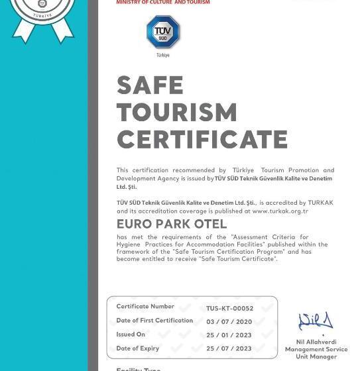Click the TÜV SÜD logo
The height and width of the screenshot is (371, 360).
pyautogui.click(x=163, y=32)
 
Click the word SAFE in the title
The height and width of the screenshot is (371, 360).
pyautogui.click(x=150, y=85)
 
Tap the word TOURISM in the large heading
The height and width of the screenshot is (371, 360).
pyautogui.click(x=177, y=113)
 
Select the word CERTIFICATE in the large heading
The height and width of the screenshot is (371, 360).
pyautogui.click(x=202, y=140)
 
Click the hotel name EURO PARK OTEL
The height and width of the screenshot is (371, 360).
pyautogui.click(x=172, y=224)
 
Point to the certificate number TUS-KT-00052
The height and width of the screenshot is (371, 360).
pyautogui.click(x=229, y=308)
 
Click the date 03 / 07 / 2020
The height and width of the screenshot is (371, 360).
pyautogui.click(x=229, y=321)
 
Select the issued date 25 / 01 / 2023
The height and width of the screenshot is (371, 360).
pyautogui.click(x=229, y=335)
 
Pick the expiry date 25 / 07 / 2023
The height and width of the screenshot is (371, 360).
pyautogui.click(x=229, y=348)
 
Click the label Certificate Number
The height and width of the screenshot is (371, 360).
pyautogui.click(x=145, y=307)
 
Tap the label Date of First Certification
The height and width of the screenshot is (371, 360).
pyautogui.click(x=154, y=321)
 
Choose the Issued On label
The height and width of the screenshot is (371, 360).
pyautogui.click(x=131, y=335)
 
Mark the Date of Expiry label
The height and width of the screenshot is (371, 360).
pyautogui.click(x=138, y=348)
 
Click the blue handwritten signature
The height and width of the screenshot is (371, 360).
pyautogui.click(x=316, y=322)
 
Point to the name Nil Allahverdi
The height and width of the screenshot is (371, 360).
pyautogui.click(x=316, y=343)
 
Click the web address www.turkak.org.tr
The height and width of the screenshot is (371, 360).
pyautogui.click(x=280, y=211)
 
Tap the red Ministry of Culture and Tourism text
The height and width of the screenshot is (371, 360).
pyautogui.click(x=163, y=3)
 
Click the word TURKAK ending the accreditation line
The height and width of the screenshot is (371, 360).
pyautogui.click(x=321, y=203)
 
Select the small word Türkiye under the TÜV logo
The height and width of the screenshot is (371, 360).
pyautogui.click(x=163, y=56)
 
